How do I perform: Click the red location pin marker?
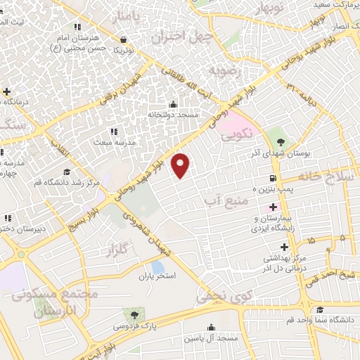click(x=181, y=165)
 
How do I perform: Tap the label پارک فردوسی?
click(x=131, y=327)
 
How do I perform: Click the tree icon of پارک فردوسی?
click(x=131, y=314)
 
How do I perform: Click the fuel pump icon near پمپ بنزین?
click(x=272, y=177)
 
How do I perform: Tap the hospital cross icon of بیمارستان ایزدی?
click(x=273, y=207)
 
